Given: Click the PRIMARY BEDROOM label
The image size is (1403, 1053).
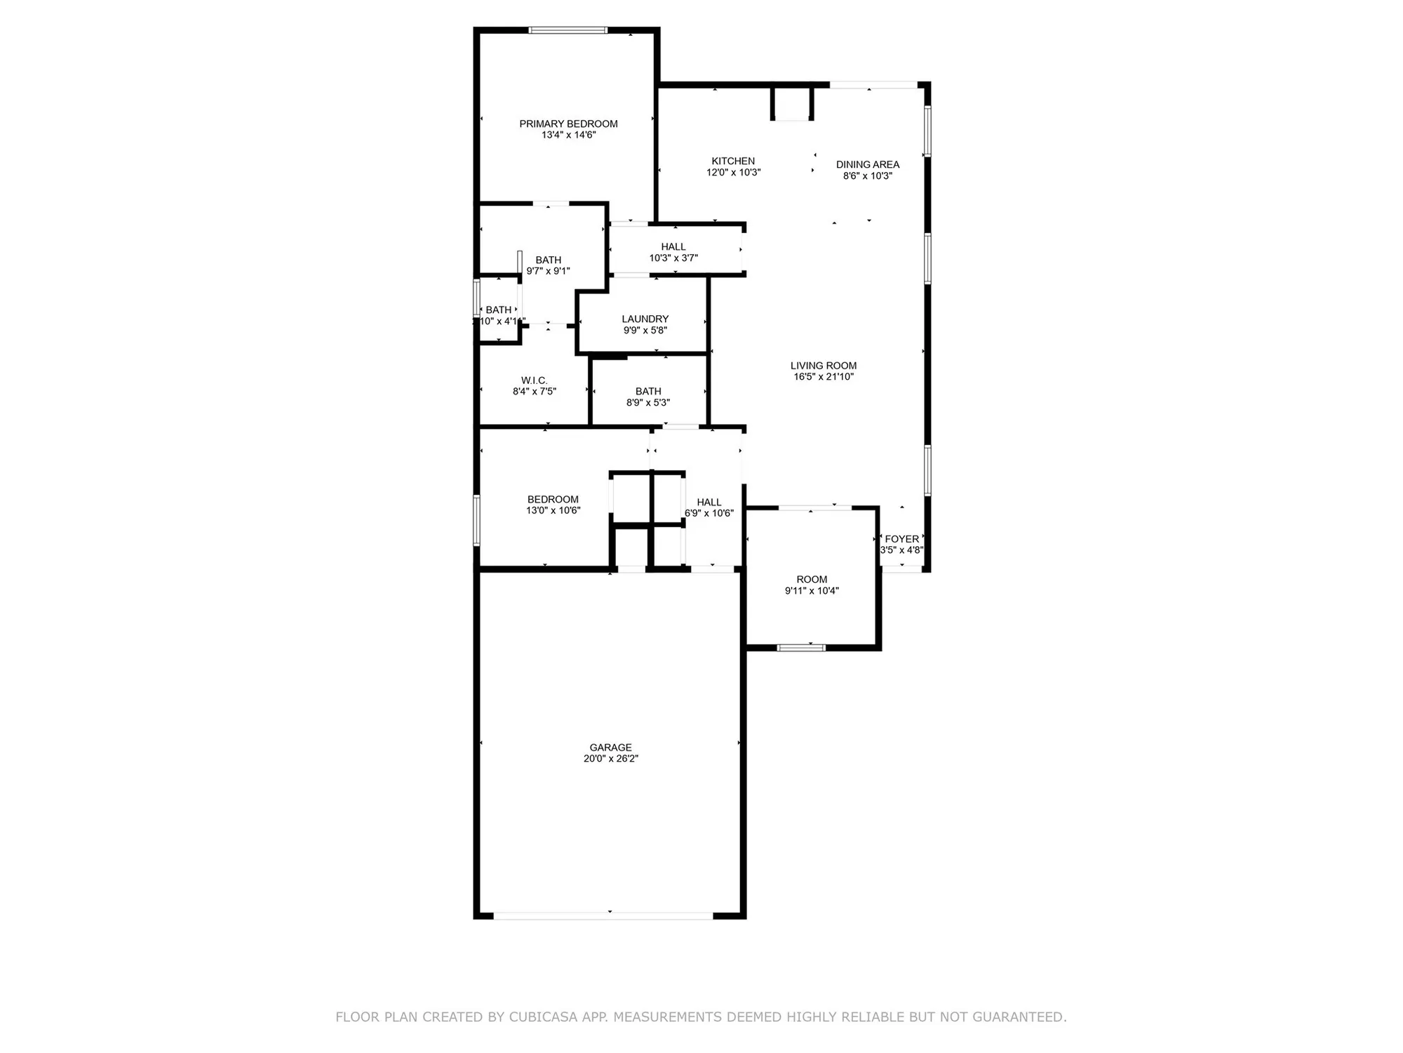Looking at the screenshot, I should click(x=568, y=124).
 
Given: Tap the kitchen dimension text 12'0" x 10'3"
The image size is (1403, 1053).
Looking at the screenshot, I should click(x=733, y=172).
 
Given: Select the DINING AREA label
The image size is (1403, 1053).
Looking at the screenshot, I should click(x=867, y=164).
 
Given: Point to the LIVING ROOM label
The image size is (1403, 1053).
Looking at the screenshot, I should click(x=823, y=365).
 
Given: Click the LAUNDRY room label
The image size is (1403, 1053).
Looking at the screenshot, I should click(x=645, y=319).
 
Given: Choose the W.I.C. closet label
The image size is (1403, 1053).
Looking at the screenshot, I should click(x=534, y=380).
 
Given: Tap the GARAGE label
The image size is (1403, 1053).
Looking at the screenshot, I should click(x=610, y=748).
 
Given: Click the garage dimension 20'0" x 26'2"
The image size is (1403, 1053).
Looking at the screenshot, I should click(x=610, y=759).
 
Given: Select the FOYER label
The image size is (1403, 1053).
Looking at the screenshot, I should click(x=901, y=539).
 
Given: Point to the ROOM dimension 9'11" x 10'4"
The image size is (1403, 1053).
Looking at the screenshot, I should click(x=812, y=591).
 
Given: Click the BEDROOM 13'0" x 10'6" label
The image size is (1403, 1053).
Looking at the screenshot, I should click(x=553, y=500).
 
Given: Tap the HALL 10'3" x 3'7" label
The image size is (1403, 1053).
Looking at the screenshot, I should click(x=673, y=246).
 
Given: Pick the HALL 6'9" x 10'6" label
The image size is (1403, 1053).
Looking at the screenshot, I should click(x=709, y=502).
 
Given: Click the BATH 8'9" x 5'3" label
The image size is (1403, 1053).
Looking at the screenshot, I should click(x=647, y=391).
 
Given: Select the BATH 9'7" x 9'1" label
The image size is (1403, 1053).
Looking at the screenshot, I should click(x=548, y=260).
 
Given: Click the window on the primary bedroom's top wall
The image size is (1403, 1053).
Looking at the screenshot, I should click(x=568, y=30).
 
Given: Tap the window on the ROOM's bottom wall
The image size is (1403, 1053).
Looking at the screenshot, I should click(x=801, y=647).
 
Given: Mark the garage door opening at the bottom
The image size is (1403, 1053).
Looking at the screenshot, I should click(x=603, y=915).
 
